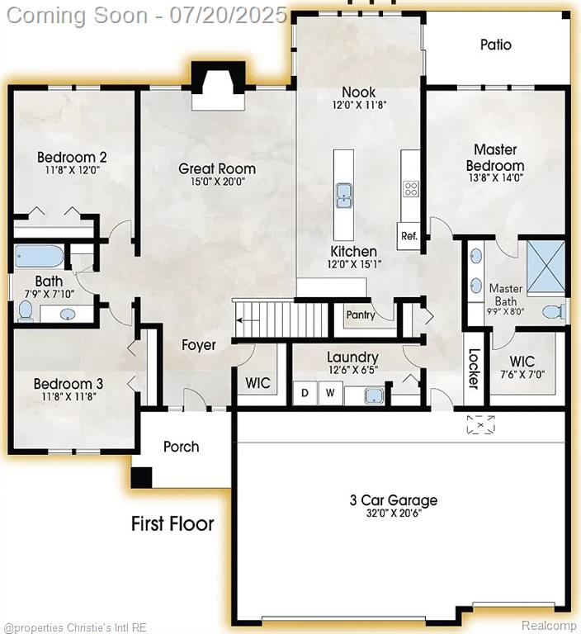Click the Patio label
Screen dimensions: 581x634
point(496,45)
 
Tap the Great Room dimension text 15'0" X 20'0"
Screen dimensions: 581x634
point(218,182)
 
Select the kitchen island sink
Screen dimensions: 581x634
point(343,196)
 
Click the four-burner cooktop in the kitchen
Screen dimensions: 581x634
point(410,189)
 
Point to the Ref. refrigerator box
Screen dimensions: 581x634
point(409,235)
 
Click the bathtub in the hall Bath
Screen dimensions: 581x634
point(40,257)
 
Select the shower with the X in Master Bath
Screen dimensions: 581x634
point(546,266)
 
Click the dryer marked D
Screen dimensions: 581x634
point(305,393)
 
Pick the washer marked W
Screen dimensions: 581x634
point(330,393)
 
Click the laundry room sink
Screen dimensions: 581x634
point(375,395)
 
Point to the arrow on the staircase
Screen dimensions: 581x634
point(248,320)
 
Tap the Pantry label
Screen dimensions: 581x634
point(361,315)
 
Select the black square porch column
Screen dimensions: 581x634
point(141,477)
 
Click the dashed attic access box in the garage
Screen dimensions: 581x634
point(480,424)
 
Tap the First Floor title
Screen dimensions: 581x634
point(172,523)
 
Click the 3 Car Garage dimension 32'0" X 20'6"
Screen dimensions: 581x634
point(394,513)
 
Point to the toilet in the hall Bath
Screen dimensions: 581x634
point(26,310)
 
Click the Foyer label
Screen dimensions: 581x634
point(199,345)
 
